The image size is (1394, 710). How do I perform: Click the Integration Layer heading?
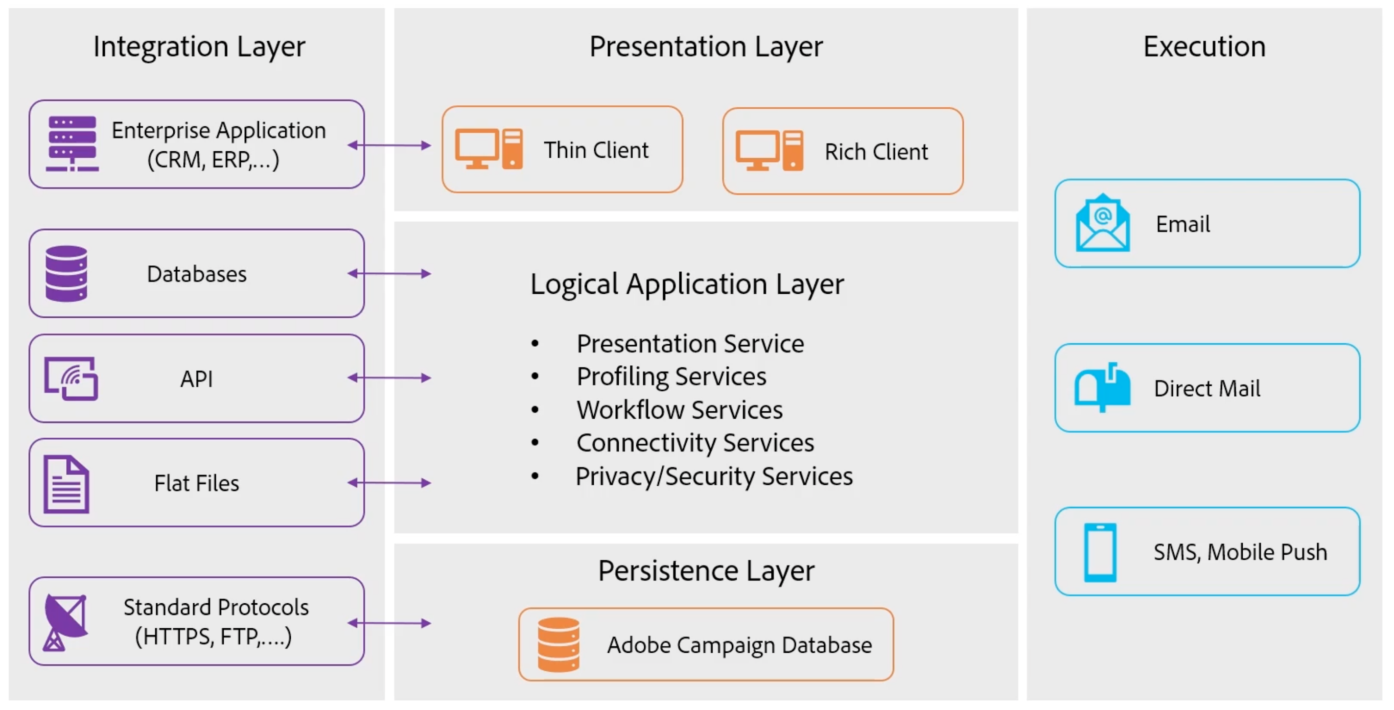coord(199,47)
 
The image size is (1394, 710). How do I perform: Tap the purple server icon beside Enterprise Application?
coord(72,143)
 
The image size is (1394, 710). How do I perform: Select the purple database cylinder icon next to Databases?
coord(67,273)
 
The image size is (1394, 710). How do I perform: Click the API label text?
coord(196,379)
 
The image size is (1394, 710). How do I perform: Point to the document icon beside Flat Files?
coord(67,484)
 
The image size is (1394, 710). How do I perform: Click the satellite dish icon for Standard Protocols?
coord(66,622)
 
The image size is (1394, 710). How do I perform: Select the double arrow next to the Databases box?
coord(389,274)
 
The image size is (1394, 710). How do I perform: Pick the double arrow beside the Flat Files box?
coord(389,483)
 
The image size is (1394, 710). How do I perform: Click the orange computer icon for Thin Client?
coord(488,149)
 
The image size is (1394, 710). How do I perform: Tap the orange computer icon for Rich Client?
coord(769,150)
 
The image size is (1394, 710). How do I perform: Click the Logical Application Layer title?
coord(687,284)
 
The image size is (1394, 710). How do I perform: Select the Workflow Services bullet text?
coord(680,410)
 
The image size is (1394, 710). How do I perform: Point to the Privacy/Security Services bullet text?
coord(714,476)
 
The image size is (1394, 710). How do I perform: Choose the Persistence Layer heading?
coord(706,570)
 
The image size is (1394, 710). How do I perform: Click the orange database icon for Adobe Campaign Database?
coord(558,644)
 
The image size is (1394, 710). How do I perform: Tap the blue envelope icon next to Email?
coord(1102,223)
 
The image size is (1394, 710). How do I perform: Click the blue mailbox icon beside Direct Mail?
coord(1102,387)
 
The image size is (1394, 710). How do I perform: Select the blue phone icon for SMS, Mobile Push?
coord(1100,552)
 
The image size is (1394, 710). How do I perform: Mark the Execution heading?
coord(1204,47)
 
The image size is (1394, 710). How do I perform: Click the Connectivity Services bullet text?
coord(696,443)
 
